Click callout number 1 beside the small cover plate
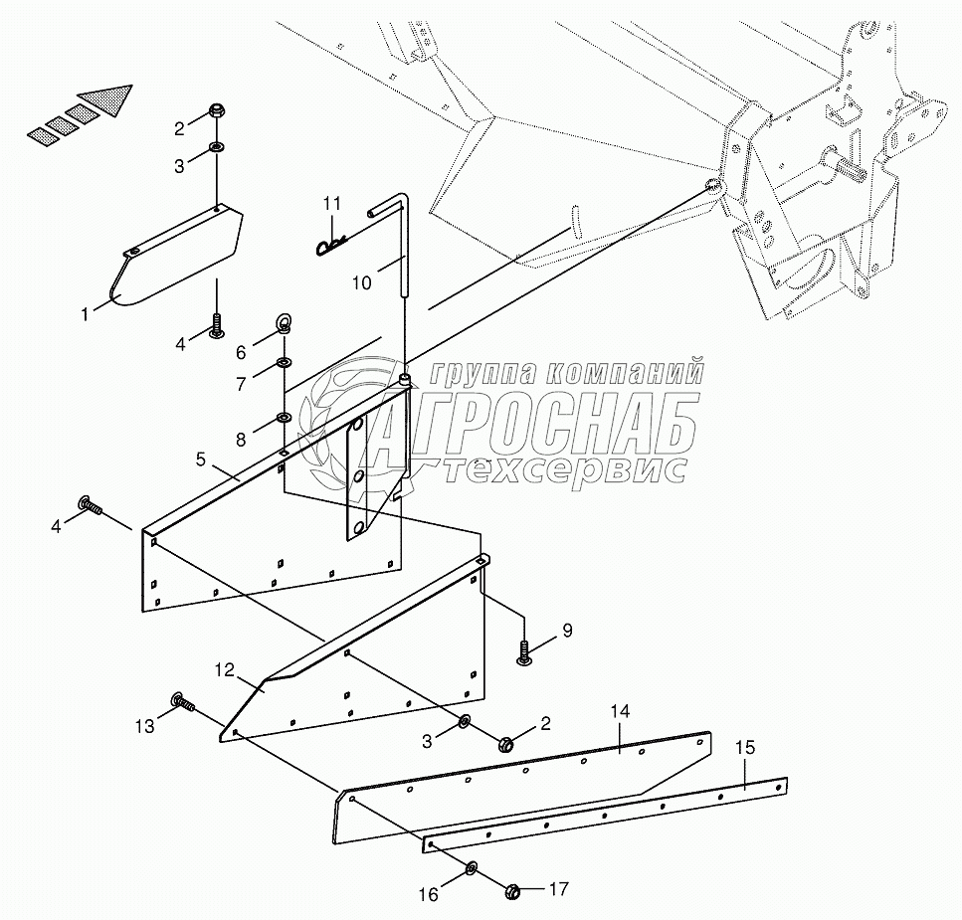(x=87, y=314)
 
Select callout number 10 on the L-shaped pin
(x=361, y=283)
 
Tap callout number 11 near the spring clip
(x=331, y=204)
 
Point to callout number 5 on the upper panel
(x=201, y=459)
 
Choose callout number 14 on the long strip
(x=620, y=712)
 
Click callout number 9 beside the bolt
(x=567, y=630)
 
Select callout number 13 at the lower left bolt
(x=145, y=727)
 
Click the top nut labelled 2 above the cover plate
(x=217, y=111)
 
